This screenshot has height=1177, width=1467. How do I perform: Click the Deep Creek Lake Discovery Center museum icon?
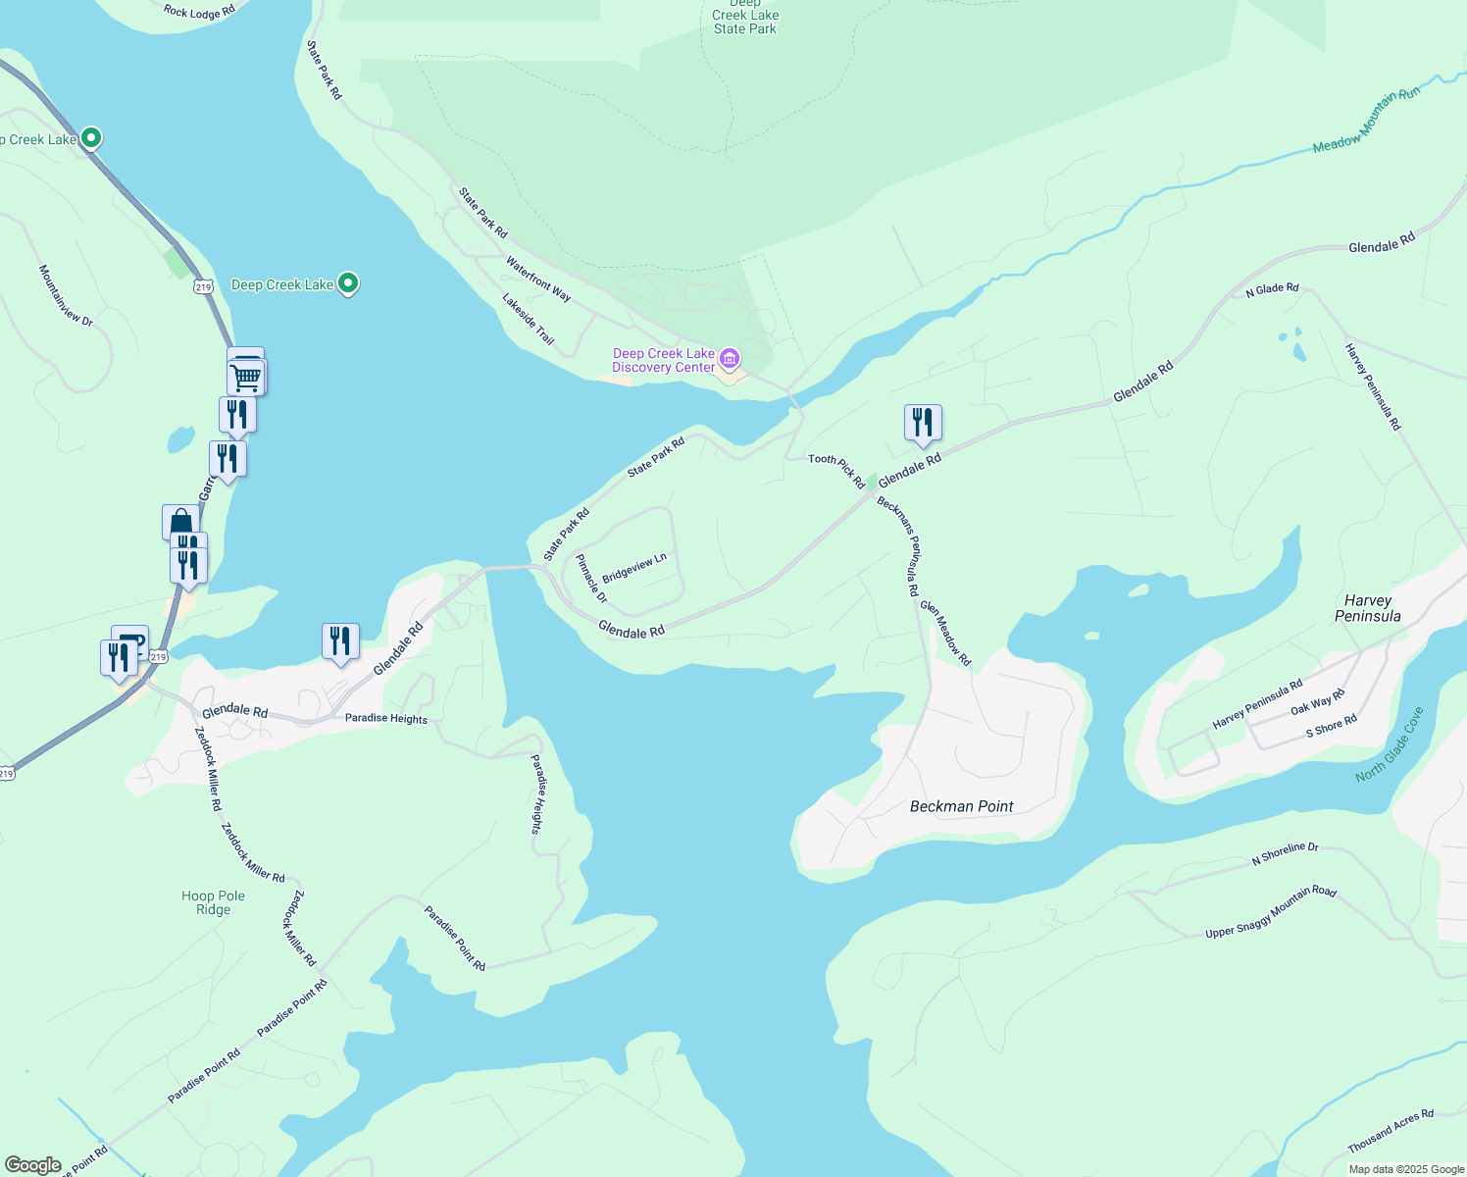[730, 358]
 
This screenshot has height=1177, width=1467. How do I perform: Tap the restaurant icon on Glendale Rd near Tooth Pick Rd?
[923, 423]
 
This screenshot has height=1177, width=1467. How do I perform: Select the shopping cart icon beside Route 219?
[246, 376]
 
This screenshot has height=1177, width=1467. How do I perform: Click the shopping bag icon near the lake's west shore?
[180, 521]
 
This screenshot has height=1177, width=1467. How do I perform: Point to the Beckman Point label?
[961, 806]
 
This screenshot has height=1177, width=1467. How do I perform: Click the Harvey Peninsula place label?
[1367, 608]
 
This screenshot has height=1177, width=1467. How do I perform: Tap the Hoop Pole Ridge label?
[213, 902]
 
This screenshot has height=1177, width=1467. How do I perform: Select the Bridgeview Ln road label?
[634, 568]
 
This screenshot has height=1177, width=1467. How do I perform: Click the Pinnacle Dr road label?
[591, 579]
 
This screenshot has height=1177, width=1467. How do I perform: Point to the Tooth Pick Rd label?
[836, 470]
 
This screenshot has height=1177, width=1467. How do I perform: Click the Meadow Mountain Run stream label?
[1366, 121]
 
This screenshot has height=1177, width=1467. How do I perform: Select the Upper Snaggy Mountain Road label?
[1270, 912]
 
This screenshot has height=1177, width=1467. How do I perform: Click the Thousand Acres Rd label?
[1390, 1131]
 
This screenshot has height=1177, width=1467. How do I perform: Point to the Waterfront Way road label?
[538, 279]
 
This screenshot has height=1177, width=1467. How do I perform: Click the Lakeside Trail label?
[529, 320]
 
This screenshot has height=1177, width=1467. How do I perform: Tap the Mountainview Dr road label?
[66, 294]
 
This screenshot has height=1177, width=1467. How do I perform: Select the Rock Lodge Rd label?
[199, 12]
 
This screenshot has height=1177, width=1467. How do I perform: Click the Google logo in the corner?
[33, 1165]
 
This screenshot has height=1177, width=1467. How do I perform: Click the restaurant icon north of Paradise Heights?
[340, 641]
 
